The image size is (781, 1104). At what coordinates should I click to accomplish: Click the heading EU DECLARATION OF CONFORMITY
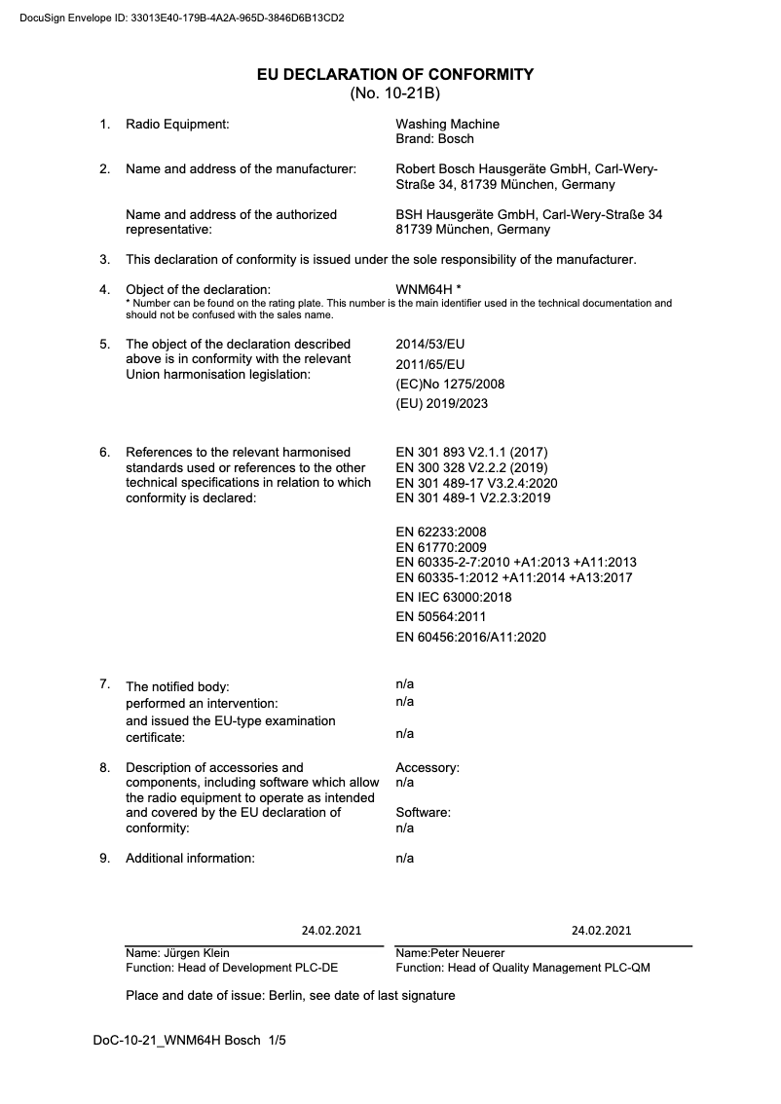394,74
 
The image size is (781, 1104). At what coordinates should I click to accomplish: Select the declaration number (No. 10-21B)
394,93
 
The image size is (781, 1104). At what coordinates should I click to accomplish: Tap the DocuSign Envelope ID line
182,18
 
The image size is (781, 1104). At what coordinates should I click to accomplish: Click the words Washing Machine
447,124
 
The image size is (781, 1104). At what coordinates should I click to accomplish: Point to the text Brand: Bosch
434,139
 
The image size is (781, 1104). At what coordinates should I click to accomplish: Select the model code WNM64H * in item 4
428,289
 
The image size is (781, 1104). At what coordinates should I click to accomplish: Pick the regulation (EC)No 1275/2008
450,384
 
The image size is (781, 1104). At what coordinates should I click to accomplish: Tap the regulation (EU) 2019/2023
441,403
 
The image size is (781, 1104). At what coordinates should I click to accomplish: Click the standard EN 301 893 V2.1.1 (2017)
471,452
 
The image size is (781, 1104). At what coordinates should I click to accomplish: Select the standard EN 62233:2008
440,532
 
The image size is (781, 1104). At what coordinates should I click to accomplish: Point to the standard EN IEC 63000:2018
453,597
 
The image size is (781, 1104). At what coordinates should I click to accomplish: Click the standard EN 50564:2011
440,616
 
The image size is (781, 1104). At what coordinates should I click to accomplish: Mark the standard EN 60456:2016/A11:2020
470,638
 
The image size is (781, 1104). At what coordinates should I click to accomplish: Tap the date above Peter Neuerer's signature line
601,930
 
